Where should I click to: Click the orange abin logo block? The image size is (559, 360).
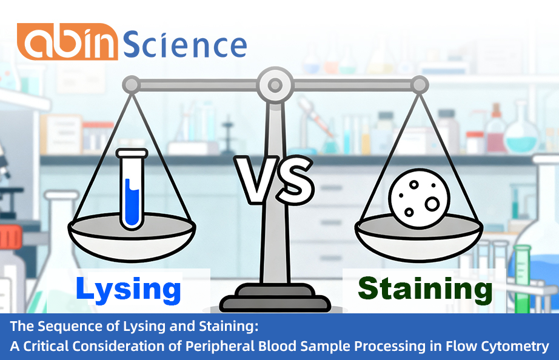[x=67, y=42]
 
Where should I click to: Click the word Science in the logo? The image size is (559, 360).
[x=185, y=43]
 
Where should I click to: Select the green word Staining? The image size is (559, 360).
[x=425, y=289]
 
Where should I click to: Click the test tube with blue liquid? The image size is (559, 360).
[x=131, y=189]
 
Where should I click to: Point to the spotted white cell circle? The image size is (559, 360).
[x=418, y=197]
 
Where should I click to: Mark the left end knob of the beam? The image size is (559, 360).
[x=131, y=84]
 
